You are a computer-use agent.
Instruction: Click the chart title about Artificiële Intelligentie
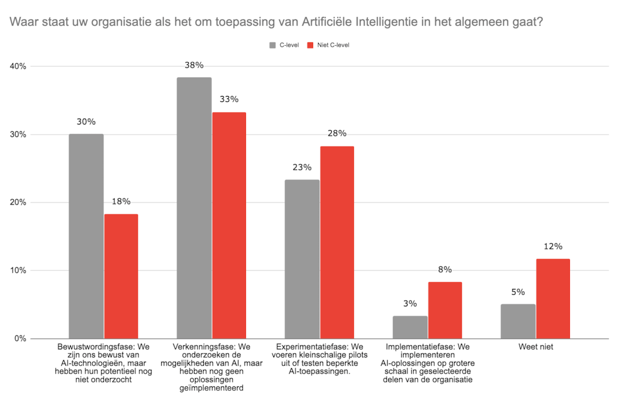276,22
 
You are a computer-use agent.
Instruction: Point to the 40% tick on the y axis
18,67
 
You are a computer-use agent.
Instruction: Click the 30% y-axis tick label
18,135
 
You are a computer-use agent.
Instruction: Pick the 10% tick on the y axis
18,271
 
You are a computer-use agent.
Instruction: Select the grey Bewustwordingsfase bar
86,236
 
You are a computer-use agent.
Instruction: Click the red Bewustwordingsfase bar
121,276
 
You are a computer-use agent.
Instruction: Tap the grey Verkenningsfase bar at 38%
194,207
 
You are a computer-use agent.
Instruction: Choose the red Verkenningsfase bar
229,225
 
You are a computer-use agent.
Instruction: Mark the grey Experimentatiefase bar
302,259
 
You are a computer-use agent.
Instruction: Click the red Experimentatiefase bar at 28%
337,242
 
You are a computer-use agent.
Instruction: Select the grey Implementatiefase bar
410,327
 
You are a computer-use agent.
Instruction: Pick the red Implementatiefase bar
445,310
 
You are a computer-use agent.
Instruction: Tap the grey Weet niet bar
518,321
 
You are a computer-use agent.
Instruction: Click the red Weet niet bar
553,299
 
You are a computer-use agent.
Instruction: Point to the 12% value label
553,247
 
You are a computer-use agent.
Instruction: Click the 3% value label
410,303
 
